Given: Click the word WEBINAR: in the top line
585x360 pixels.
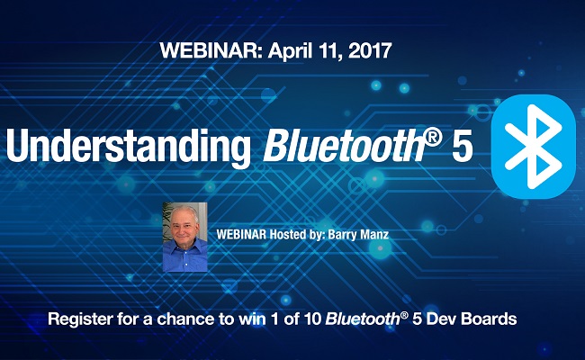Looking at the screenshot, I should click(x=203, y=51).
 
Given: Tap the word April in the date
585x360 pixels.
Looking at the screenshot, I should click(x=279, y=51).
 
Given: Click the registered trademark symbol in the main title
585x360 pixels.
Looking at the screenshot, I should click(x=430, y=135).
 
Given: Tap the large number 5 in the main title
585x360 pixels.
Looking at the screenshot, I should click(x=462, y=146).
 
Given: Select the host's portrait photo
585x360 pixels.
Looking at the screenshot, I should click(x=184, y=236).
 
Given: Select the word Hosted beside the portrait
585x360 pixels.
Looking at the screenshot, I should click(x=289, y=232).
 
